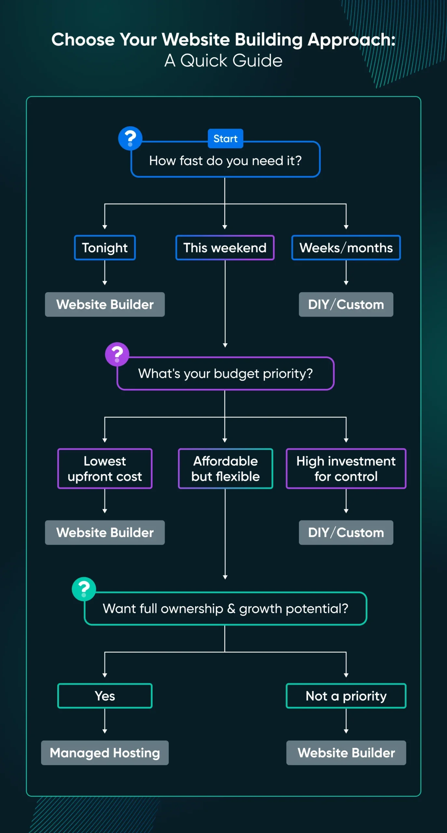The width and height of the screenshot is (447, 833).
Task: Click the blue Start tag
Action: [225, 139]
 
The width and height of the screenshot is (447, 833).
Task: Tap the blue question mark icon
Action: [130, 138]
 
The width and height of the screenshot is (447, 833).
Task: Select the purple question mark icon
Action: [117, 354]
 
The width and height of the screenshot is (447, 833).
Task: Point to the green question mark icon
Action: [84, 589]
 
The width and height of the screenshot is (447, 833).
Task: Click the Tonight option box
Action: [105, 248]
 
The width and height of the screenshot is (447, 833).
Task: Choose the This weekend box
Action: [225, 248]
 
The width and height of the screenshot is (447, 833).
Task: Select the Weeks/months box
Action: [346, 248]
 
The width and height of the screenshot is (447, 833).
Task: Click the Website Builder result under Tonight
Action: [105, 305]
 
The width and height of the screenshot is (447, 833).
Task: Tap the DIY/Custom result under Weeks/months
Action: [346, 305]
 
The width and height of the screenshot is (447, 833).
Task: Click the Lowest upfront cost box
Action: [105, 469]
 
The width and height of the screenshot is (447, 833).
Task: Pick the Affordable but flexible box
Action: [225, 469]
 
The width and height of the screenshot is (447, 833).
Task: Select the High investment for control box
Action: [346, 469]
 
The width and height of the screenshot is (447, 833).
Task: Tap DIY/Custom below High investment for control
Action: [346, 533]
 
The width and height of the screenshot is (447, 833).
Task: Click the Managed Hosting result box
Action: [105, 753]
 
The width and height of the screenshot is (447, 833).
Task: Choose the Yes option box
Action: [105, 696]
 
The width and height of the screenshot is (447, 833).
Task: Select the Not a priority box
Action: [346, 696]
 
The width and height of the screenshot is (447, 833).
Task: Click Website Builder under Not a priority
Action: [346, 753]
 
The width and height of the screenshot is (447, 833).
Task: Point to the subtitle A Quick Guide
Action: [223, 61]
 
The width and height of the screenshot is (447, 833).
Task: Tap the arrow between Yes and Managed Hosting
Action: [105, 721]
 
